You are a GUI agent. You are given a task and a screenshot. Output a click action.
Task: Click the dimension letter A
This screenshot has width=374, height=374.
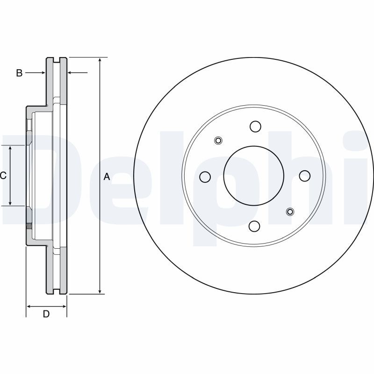pos(107,177)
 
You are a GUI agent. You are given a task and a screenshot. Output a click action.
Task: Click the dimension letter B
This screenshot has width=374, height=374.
pos(19,73)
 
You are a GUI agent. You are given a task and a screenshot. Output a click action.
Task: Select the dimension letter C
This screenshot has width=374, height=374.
pos(3,176)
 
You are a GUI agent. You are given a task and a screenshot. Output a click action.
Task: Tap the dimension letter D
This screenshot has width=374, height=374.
pos(46,314)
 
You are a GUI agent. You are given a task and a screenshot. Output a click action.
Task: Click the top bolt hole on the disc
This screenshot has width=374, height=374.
pos(255,126)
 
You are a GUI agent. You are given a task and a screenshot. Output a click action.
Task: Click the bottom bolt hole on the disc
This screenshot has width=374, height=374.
pos(254,226)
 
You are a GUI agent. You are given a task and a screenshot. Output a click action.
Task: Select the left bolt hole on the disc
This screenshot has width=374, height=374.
pos(205,177)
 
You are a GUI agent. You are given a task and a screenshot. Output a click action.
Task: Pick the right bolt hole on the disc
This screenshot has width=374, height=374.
pos(305,176)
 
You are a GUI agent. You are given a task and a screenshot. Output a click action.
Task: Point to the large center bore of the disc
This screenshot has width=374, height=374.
pos(254,176)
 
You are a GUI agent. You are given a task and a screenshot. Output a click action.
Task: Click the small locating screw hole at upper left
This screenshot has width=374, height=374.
pos(218,140)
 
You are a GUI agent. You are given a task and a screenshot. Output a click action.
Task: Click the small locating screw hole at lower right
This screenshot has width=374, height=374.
pos(290,212)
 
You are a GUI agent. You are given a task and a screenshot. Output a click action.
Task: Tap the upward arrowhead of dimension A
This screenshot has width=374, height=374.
pos(100,61)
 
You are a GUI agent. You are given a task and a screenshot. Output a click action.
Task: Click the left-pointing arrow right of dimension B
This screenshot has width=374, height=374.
pos(71,73)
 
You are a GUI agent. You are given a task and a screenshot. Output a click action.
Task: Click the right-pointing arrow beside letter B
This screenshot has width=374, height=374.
pos(42,73)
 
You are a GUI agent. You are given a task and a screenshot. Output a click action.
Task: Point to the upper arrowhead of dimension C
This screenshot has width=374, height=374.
pos(10,148)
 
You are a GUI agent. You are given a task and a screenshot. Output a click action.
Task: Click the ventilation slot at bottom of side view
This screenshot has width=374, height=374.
pos(57,291)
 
